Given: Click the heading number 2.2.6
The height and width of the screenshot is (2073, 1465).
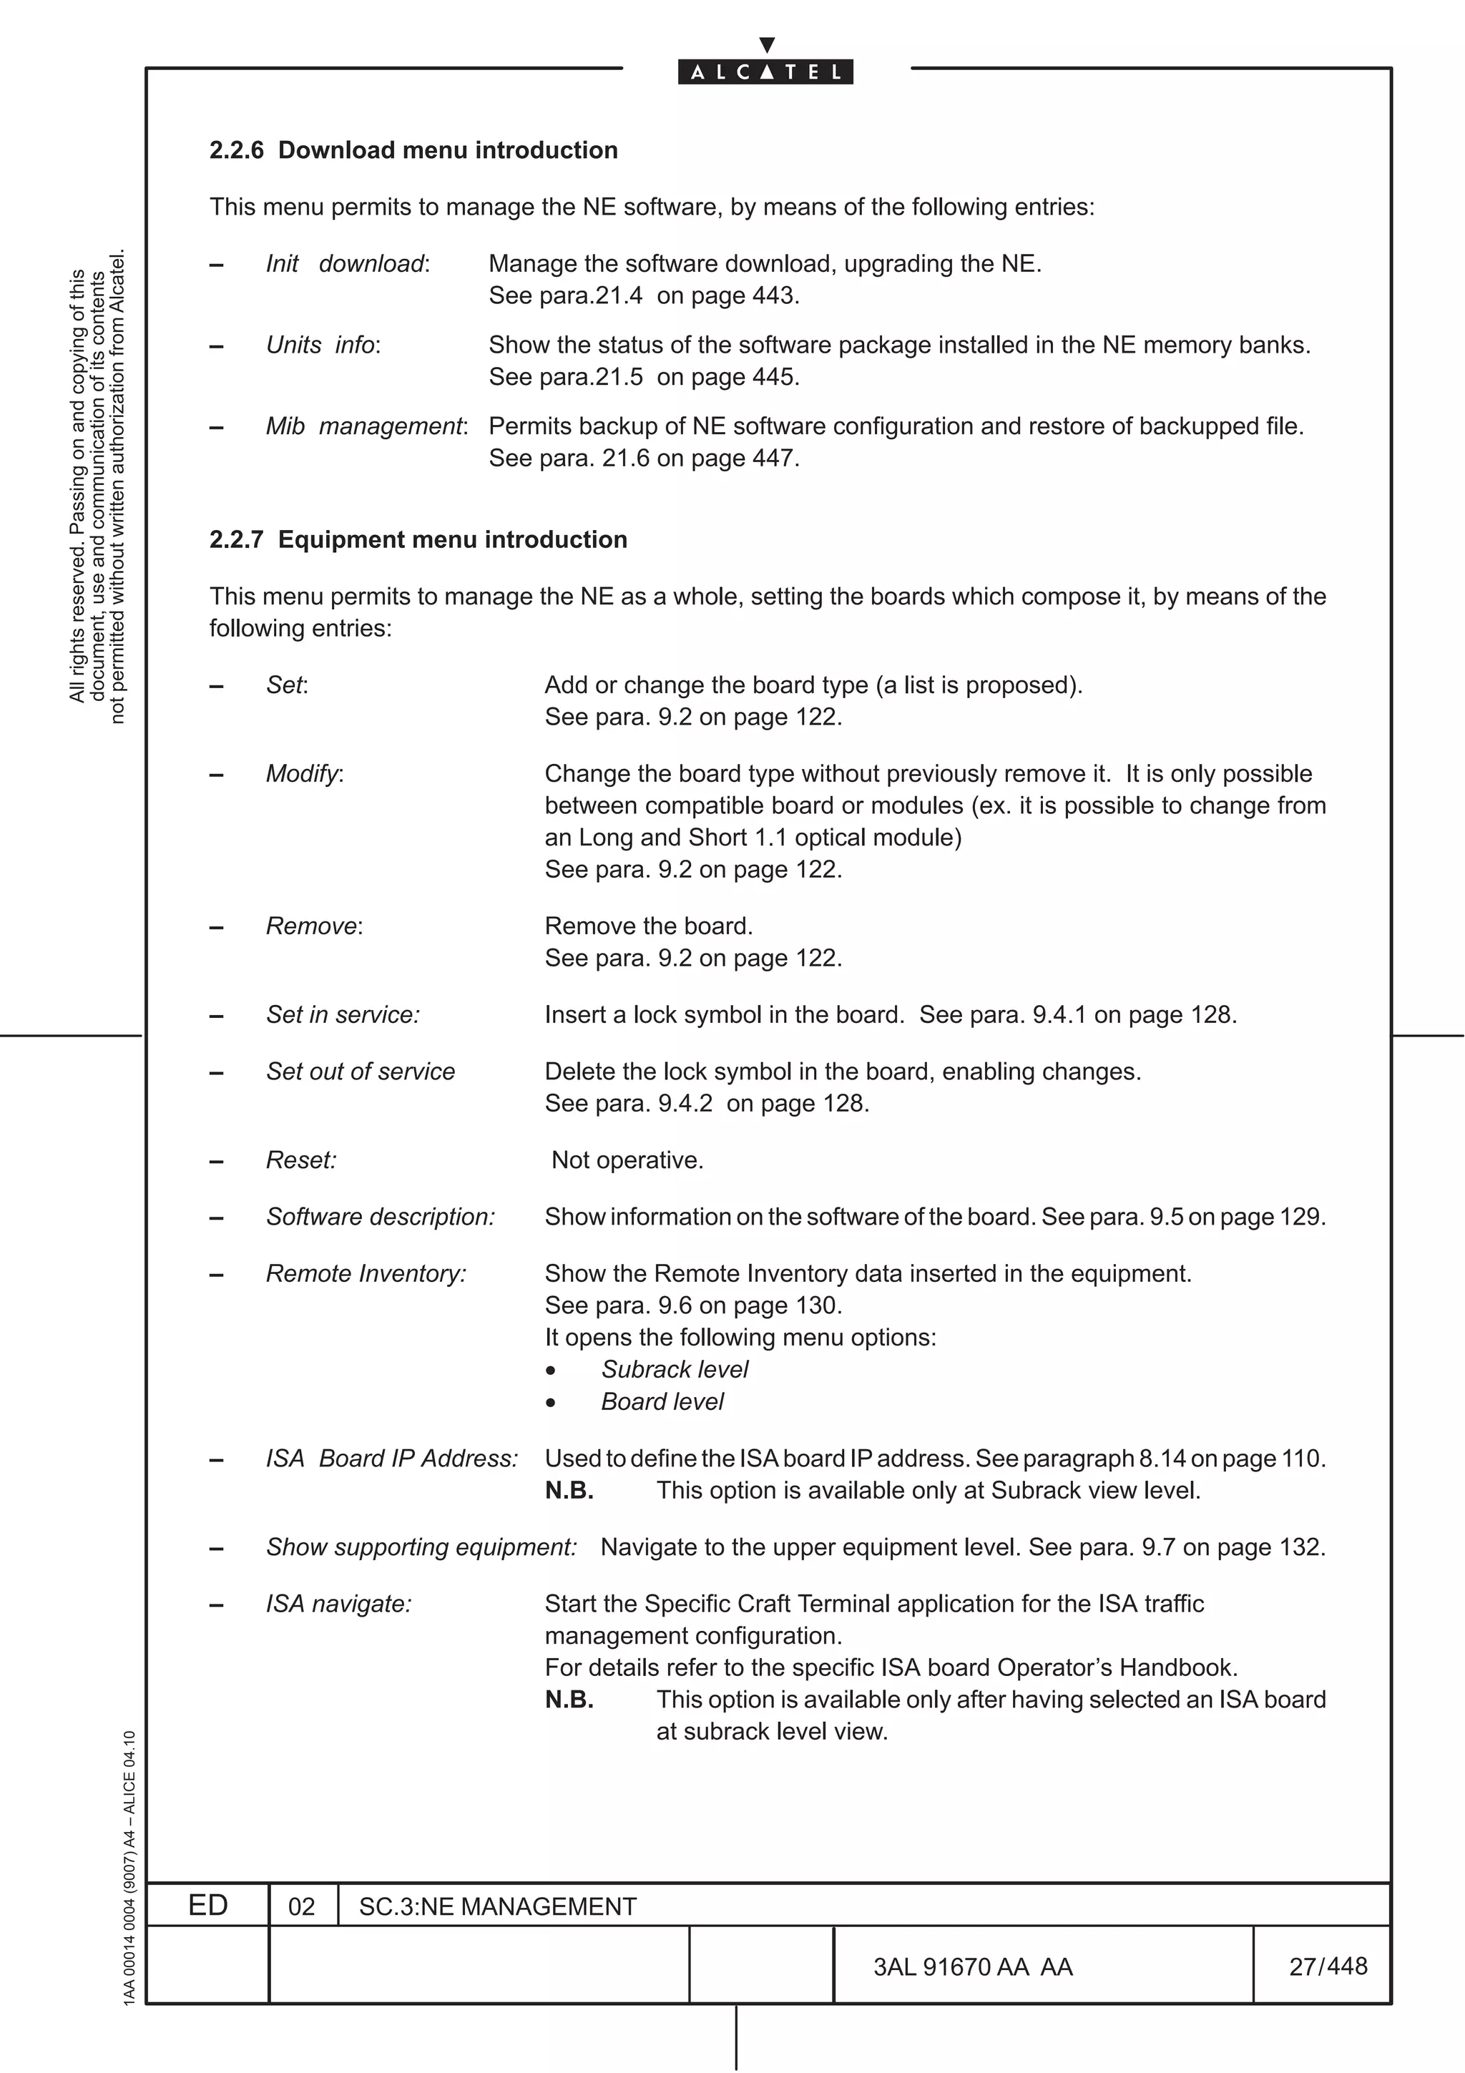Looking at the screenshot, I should pos(237,150).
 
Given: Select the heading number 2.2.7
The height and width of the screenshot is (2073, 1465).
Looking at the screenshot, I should pos(237,539).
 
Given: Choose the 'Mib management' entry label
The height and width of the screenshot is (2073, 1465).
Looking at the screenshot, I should pos(366,426).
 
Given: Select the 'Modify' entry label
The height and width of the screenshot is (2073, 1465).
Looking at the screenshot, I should pos(303,774).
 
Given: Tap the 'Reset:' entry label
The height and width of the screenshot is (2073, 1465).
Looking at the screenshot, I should pos(300,1160).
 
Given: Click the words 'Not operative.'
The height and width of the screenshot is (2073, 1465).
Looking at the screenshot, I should pos(627,1160).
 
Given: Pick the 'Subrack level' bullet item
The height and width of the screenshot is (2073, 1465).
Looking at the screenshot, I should pos(675,1370).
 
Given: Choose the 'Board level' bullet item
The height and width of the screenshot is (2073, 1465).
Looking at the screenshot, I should pos(662,1402).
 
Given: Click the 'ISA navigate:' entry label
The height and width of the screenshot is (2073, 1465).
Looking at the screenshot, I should pos(338,1604).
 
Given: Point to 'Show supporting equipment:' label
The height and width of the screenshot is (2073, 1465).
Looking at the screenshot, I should pos(421,1547).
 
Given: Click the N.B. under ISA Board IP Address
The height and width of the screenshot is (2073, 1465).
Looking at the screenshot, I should pos(569,1491).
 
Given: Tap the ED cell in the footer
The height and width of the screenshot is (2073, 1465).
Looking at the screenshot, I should pos(207,1905).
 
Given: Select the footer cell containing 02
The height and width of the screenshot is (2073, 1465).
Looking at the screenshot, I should pos(301,1907).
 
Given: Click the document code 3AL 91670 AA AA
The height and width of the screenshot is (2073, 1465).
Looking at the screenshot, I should pos(972,1966).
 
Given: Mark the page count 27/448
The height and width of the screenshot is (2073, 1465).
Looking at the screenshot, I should pos(1327,1966).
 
